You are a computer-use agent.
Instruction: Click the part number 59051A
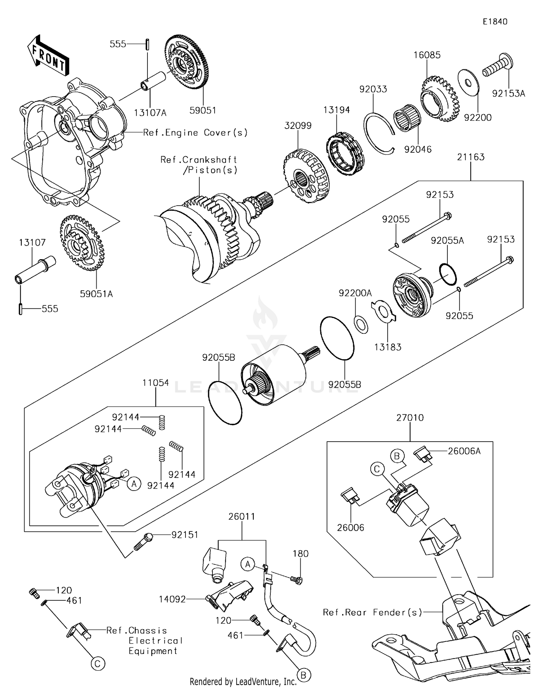point(96,294)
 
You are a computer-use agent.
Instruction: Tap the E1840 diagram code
point(495,22)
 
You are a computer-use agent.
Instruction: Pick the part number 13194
point(336,110)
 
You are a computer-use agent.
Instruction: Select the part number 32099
point(298,126)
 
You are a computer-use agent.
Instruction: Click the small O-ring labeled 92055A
point(448,274)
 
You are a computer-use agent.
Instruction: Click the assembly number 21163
point(470,157)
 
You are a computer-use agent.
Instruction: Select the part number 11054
point(156,383)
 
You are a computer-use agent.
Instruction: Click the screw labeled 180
point(295,580)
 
